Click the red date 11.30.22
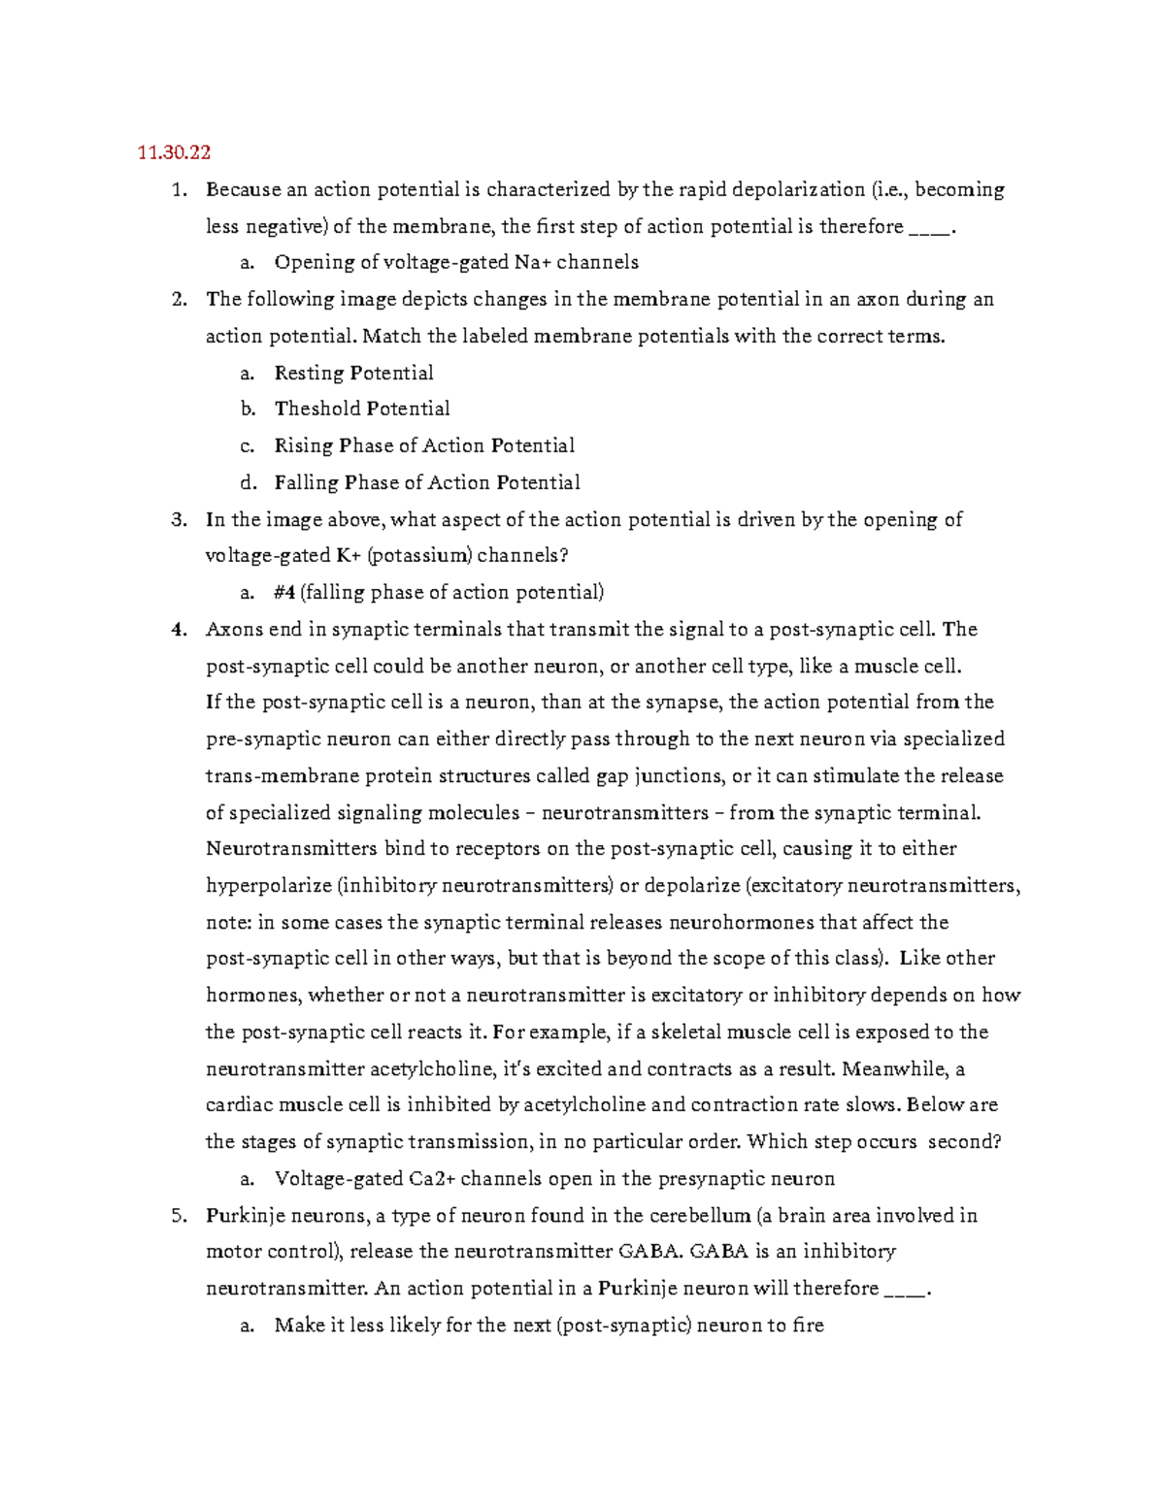click(174, 152)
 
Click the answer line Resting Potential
click(353, 373)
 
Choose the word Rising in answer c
click(303, 445)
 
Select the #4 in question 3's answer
click(284, 593)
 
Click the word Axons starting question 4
click(234, 630)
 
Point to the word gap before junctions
click(612, 776)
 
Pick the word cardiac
click(239, 1105)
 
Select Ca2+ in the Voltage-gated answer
click(432, 1179)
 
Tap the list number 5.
click(178, 1216)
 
